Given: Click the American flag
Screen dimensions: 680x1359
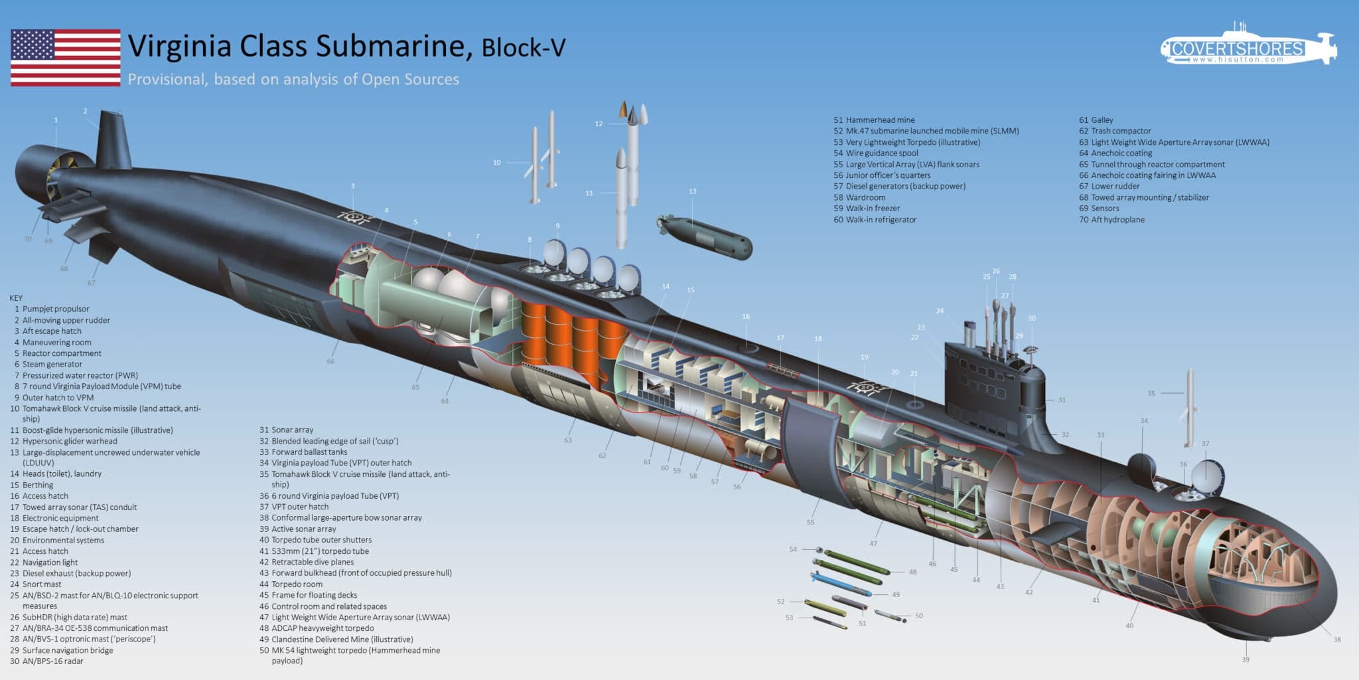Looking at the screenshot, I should pyautogui.click(x=65, y=58).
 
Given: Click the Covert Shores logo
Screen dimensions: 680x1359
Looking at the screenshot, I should pyautogui.click(x=1248, y=48).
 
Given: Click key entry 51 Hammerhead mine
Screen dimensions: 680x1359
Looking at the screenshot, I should pyautogui.click(x=874, y=120).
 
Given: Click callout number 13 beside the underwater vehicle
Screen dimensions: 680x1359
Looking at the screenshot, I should pyautogui.click(x=693, y=191).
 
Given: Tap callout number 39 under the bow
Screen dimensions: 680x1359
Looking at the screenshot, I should pyautogui.click(x=1246, y=659).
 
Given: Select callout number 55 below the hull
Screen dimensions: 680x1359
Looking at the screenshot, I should pyautogui.click(x=810, y=522).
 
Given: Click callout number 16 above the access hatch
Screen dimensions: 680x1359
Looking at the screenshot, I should pyautogui.click(x=746, y=317).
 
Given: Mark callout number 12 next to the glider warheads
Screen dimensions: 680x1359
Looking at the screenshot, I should pyautogui.click(x=599, y=124).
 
